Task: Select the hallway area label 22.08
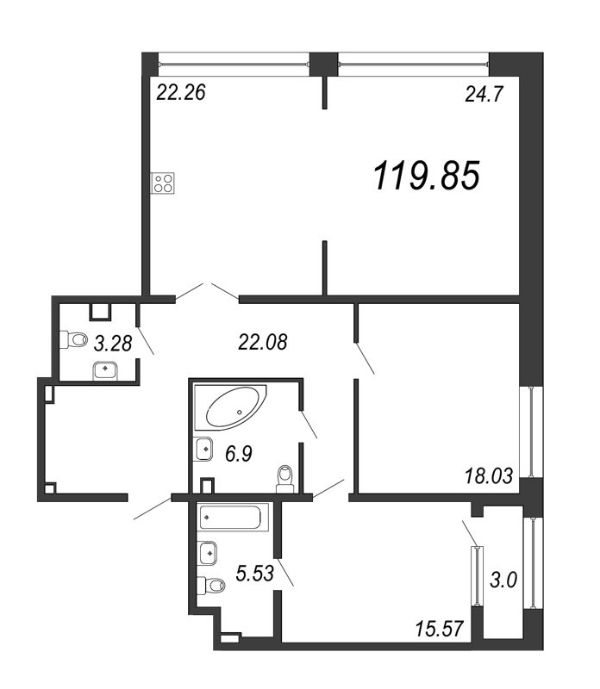click(x=260, y=344)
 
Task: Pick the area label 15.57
click(x=441, y=631)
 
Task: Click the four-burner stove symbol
click(x=164, y=182)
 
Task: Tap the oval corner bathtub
click(x=231, y=408)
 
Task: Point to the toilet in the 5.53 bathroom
click(x=211, y=586)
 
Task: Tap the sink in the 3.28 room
click(x=104, y=369)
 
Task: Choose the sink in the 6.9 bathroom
click(x=205, y=448)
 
